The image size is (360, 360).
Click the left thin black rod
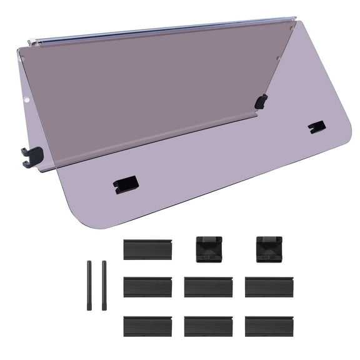[90, 285]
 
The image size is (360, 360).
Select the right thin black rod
[104, 285]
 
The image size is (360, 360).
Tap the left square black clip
[208, 249]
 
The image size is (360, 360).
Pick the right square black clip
[268, 249]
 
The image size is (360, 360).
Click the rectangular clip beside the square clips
[147, 249]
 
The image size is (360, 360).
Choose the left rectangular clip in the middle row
[147, 287]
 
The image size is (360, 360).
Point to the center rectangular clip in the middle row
[208, 287]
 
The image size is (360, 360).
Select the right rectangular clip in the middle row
[269, 287]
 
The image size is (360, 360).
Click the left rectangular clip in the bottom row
[147, 326]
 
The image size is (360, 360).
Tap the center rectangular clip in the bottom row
[208, 326]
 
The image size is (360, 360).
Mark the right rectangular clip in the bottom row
[269, 326]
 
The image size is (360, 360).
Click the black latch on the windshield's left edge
[32, 156]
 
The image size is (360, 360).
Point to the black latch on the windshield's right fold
[261, 101]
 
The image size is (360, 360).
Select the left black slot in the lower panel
[125, 184]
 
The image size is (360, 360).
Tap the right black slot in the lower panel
[317, 127]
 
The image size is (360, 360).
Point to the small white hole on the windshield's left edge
[27, 98]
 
